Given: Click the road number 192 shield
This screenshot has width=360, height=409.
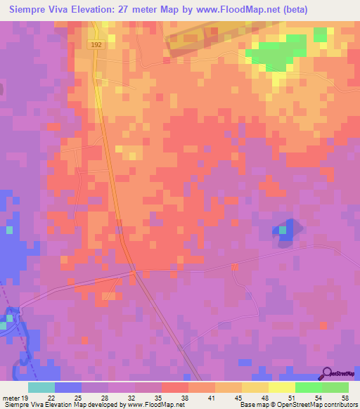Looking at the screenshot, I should pyautogui.click(x=97, y=44).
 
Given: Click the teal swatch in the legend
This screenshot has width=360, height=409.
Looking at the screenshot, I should pyautogui.click(x=41, y=387).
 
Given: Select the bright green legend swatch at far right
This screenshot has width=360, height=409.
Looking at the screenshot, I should pyautogui.click(x=335, y=387).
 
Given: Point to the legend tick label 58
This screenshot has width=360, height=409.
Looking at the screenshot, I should pyautogui.click(x=344, y=397).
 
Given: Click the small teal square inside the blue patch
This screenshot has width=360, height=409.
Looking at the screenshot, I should pyautogui.click(x=283, y=230).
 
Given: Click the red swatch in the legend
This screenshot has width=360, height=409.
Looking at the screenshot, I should pyautogui.click(x=175, y=387).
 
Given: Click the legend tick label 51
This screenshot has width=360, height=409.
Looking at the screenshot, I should pyautogui.click(x=292, y=397).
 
